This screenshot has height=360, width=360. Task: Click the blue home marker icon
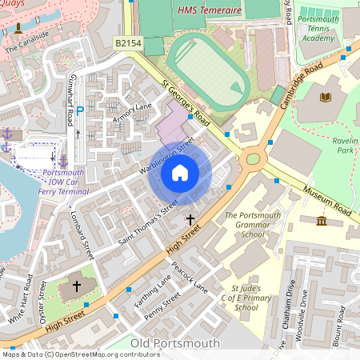pos(180,173)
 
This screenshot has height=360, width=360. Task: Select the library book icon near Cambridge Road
pos(324,97)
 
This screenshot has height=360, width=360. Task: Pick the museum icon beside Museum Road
pos(321,221)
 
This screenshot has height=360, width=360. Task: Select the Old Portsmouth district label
pos(174,343)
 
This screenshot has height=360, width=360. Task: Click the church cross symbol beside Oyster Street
pos(77,286)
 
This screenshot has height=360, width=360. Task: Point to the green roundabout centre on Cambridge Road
pos(253,158)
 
